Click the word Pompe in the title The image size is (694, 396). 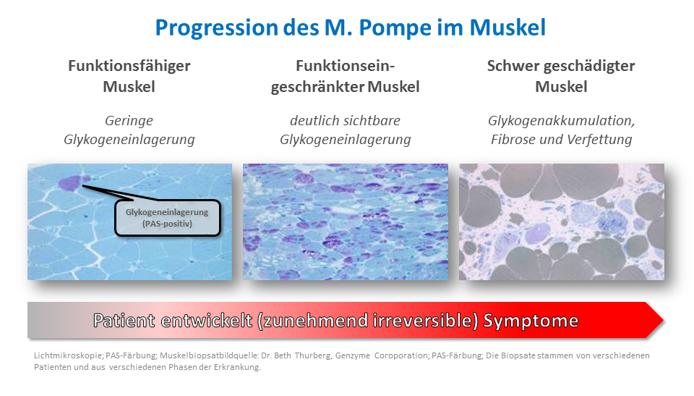(x=395, y=28)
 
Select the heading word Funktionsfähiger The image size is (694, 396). (x=129, y=66)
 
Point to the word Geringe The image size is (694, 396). (x=129, y=121)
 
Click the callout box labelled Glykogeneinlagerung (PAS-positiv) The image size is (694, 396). (x=167, y=218)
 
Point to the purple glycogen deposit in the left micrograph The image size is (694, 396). (x=70, y=182)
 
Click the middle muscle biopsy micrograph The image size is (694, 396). (x=346, y=222)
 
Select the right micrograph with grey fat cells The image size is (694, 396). (x=561, y=222)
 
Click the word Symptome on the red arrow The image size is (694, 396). (x=531, y=321)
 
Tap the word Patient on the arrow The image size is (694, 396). (x=124, y=321)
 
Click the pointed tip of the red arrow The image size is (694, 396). (x=663, y=320)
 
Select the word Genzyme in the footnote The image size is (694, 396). (x=352, y=355)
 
